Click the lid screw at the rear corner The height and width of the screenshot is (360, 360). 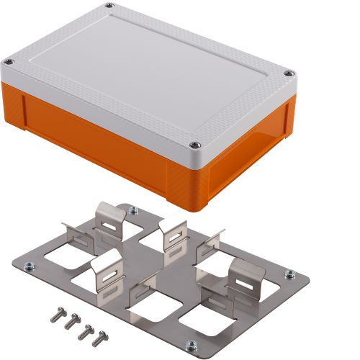pyautogui.click(x=109, y=6)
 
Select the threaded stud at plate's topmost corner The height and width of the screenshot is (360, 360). pyautogui.click(x=132, y=211)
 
